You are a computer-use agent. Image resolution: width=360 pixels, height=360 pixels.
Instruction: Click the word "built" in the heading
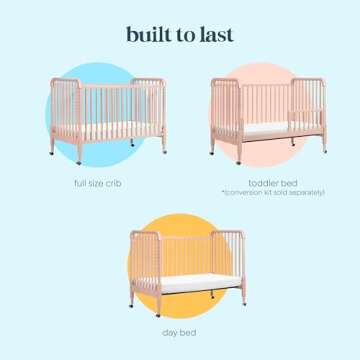pyautogui.click(x=148, y=33)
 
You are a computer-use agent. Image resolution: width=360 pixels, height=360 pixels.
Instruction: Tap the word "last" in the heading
pyautogui.click(x=216, y=33)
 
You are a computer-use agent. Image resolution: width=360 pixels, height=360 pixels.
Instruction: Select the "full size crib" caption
pyautogui.click(x=97, y=183)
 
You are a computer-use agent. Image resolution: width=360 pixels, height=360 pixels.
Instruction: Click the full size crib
pyautogui.click(x=105, y=115)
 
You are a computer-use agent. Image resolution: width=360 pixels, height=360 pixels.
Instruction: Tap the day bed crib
pyautogui.click(x=187, y=262)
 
